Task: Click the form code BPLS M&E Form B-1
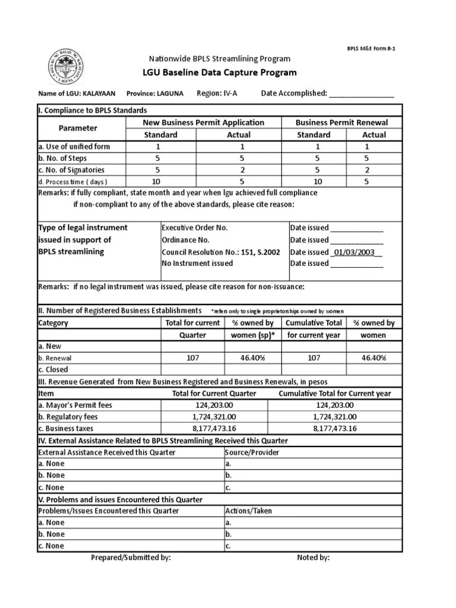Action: point(371,48)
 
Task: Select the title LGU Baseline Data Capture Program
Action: point(220,73)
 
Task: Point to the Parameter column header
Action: point(78,128)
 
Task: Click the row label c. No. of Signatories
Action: point(71,170)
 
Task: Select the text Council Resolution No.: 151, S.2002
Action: point(221,252)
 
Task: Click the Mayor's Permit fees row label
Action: point(75,405)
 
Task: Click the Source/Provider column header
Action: point(252,452)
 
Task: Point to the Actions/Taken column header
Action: point(249,511)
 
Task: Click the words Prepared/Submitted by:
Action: point(131,558)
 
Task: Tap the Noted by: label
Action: point(313,558)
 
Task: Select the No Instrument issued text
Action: point(198,263)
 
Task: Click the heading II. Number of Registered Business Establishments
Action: point(120,311)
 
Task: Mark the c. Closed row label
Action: point(53,369)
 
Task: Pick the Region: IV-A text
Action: point(217,93)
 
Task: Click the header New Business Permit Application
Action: point(204,122)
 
